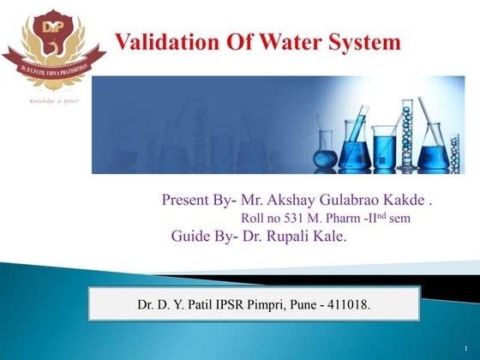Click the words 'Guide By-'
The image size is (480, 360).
point(202,233)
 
